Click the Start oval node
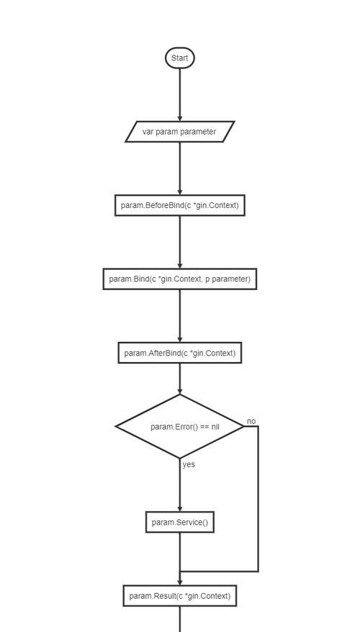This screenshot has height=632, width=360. pos(180,58)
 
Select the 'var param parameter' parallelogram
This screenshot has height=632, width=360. pos(180,132)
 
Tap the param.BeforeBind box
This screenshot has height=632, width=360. pos(180,206)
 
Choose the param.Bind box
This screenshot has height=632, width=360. pos(180,279)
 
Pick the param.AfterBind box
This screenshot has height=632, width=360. pos(180,353)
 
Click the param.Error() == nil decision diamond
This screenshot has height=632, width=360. pos(180,426)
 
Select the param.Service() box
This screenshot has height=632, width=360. pos(180,523)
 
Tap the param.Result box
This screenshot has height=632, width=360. pos(180,596)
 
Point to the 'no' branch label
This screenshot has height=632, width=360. pos(251,422)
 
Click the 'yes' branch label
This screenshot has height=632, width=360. pos(189,464)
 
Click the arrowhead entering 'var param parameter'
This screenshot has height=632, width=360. pos(180,118)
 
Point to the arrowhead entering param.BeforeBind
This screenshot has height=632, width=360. pos(180,192)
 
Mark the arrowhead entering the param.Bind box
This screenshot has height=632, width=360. pos(180,265)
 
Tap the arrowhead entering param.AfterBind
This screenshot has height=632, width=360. pos(180,339)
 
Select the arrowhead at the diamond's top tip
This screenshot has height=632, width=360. pos(180,391)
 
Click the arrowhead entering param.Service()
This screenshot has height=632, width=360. pos(180,509)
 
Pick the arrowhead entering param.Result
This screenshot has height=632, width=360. pos(180,582)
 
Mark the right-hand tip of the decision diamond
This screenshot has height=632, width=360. pos(244,426)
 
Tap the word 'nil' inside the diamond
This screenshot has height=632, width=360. pos(215,426)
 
